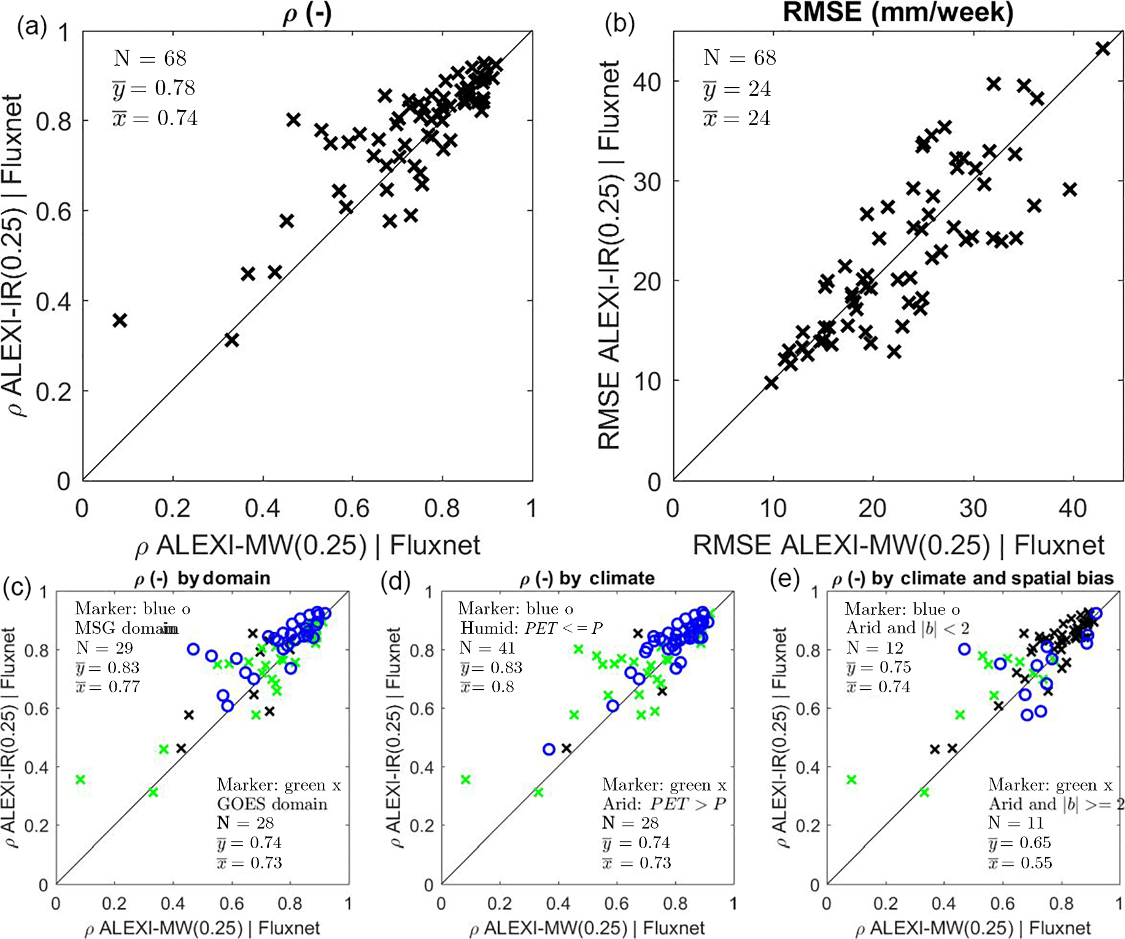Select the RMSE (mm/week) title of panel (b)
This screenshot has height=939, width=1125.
pos(897,12)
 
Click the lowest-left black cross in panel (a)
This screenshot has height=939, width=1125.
pos(120,320)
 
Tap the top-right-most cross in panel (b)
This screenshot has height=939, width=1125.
pos(1103,48)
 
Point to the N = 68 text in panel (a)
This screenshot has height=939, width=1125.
pos(150,58)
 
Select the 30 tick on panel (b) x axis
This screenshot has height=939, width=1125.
pos(973,508)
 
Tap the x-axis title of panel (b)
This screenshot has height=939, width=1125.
pos(898,545)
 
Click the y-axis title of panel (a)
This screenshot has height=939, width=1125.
pos(14,255)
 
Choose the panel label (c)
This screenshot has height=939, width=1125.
pos(17,587)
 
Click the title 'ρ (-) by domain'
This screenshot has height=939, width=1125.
pos(202,578)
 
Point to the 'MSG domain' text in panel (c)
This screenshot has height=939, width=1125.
pos(126,628)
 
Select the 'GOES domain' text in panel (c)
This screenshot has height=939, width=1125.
pos(272,804)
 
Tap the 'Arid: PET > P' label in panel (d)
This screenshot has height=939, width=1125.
pos(664,804)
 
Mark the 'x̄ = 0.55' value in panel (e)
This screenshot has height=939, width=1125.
pos(1020,863)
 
